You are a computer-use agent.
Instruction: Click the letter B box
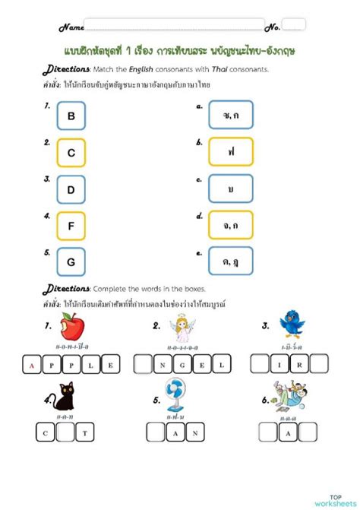(71, 116)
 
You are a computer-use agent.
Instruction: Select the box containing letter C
(71, 152)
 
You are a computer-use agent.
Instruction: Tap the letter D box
(71, 188)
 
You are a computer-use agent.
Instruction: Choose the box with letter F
(71, 225)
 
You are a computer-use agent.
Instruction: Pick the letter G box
(71, 261)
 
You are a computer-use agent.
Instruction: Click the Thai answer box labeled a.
(231, 116)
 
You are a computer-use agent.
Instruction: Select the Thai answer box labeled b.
(231, 152)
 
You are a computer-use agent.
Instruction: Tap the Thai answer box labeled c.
(231, 188)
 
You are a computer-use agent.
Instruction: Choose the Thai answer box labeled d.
(231, 225)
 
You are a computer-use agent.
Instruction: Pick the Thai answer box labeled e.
(231, 261)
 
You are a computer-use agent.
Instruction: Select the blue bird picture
(292, 323)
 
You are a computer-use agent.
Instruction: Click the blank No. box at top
(294, 24)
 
